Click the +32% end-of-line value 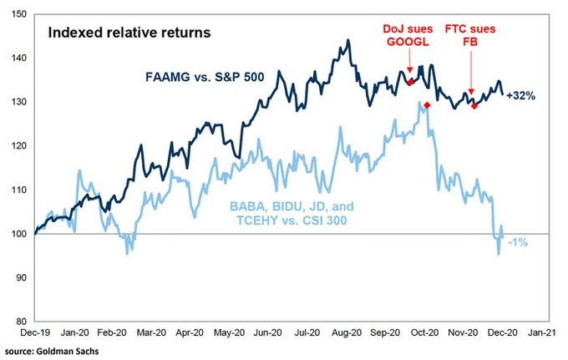point(520,96)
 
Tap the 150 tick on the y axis point(18,15)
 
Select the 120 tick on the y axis point(18,146)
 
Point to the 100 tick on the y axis point(18,234)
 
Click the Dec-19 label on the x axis point(33,332)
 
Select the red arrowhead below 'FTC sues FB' point(472,92)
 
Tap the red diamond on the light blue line point(427,105)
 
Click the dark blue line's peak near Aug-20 point(347,40)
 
